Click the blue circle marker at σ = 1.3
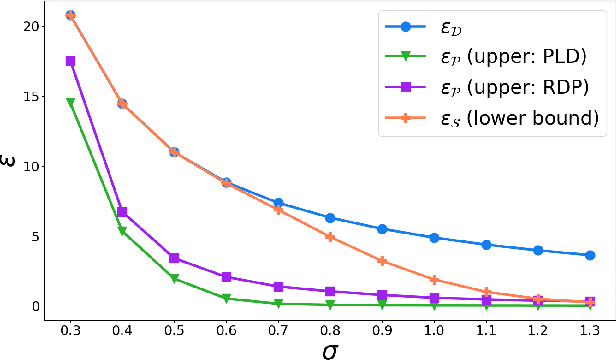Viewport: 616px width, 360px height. pos(590,255)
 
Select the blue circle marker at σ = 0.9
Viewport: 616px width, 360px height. pos(382,229)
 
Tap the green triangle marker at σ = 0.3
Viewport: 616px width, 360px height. pos(70,102)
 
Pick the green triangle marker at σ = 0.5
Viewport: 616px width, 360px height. pos(174,279)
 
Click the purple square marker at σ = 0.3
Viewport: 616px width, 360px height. pos(70,61)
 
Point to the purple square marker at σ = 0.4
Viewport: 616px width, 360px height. pos(122,212)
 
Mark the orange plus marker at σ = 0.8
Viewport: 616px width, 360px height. pos(330,237)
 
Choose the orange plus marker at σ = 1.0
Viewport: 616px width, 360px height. pos(434,280)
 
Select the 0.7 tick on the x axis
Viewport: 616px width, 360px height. pos(278,328)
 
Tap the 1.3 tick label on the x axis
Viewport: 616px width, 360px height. pos(590,328)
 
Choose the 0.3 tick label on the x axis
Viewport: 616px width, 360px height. pos(70,328)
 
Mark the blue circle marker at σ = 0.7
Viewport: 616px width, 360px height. pos(278,203)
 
